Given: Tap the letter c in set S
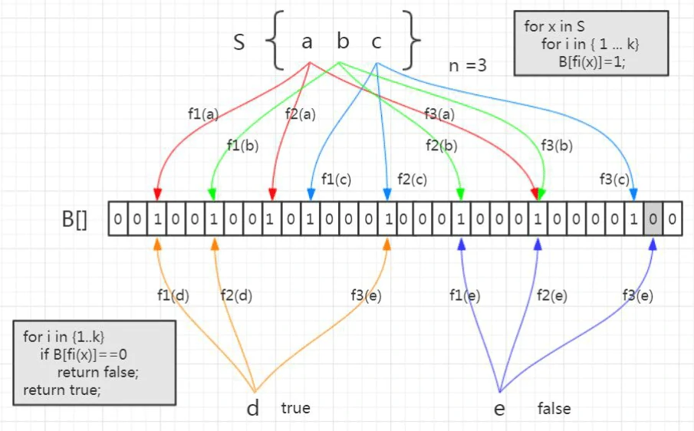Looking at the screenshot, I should click(x=377, y=41).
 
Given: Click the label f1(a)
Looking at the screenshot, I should click(x=203, y=114).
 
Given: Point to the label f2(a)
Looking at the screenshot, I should click(x=301, y=114).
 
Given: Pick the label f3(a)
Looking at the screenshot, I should click(x=439, y=114).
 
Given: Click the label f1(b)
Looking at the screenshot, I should click(x=242, y=145).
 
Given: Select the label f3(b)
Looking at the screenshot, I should click(x=558, y=145).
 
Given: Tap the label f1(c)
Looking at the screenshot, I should click(x=336, y=179).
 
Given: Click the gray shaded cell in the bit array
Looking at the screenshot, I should click(x=653, y=219).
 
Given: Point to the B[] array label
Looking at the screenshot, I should click(x=74, y=220).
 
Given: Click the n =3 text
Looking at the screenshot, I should click(x=468, y=65).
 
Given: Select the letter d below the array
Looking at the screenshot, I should click(x=253, y=408).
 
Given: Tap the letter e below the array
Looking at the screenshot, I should click(x=499, y=409).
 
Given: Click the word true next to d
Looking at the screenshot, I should click(x=295, y=408).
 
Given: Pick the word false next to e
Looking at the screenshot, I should click(x=554, y=408).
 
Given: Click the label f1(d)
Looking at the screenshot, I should click(x=172, y=295).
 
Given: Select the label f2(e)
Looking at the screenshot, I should click(x=552, y=295).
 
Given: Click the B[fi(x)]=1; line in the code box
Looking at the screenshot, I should click(x=592, y=62).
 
